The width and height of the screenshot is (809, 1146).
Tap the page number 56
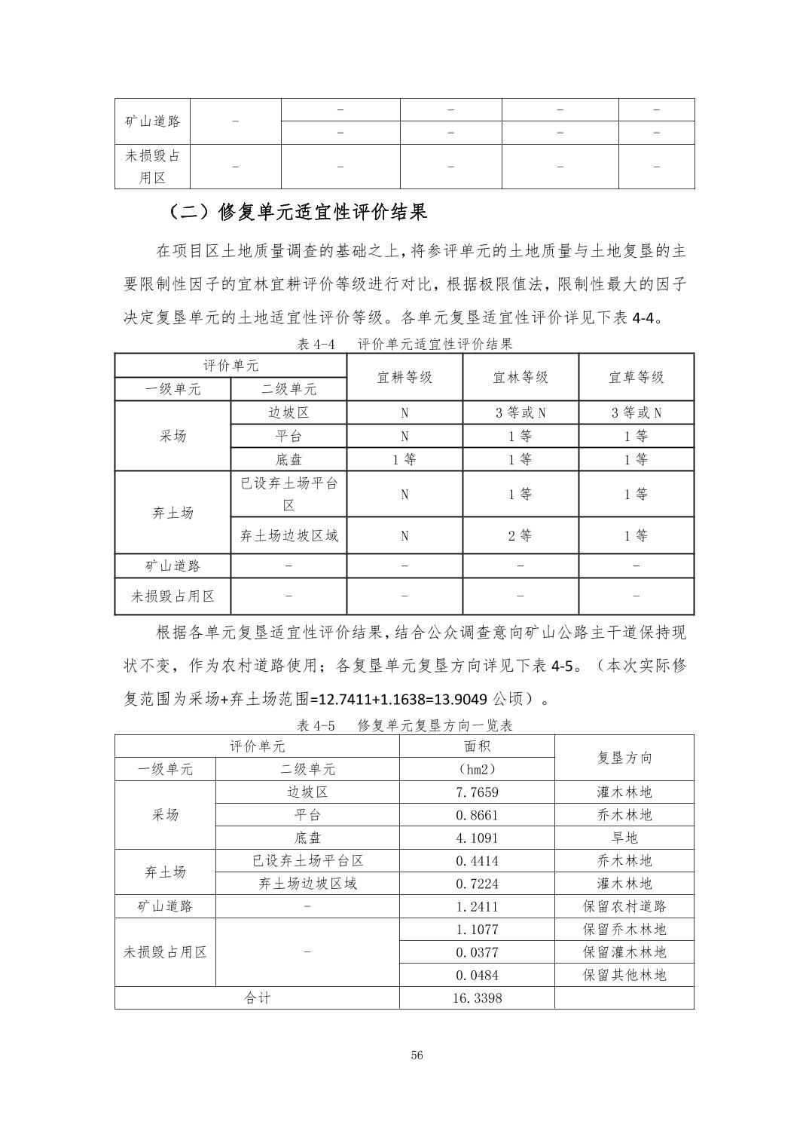click(417, 1056)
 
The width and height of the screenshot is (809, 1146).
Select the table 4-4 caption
click(405, 344)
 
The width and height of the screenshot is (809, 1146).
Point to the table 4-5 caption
click(405, 725)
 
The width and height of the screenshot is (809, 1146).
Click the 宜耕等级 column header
click(404, 377)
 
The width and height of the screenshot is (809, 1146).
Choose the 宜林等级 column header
click(521, 377)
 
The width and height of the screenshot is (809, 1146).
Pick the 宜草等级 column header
click(637, 377)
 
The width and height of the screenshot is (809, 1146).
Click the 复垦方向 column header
click(624, 758)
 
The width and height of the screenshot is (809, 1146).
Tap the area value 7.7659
click(477, 792)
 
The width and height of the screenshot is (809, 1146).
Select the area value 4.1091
click(477, 838)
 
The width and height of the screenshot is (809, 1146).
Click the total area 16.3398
click(477, 998)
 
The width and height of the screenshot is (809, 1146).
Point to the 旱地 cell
click(624, 838)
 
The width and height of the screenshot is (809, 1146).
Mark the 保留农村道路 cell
click(624, 906)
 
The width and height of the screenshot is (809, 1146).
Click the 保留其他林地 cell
click(624, 975)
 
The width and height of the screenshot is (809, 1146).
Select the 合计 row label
click(257, 998)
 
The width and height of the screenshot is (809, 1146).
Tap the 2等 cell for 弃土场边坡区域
click(521, 536)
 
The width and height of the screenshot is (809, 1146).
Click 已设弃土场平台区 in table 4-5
click(307, 861)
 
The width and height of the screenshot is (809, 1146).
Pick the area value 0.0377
click(477, 952)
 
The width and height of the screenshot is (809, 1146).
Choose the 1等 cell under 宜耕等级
click(404, 459)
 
